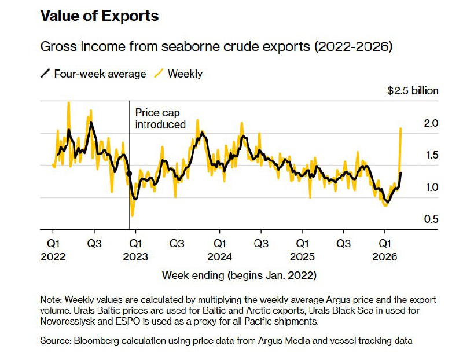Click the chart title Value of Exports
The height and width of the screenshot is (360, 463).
coord(100,16)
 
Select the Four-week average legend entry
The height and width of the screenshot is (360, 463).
coord(93,74)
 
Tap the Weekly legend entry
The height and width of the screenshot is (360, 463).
coord(179,74)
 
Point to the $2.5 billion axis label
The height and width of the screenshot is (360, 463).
coord(413,90)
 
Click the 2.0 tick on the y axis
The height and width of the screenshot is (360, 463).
coord(431,123)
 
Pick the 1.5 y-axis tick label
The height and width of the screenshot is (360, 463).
coord(432,155)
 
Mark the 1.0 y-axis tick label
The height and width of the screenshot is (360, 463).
coord(432,188)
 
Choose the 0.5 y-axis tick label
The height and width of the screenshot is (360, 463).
coord(431,219)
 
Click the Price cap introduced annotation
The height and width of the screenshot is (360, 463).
coord(160,119)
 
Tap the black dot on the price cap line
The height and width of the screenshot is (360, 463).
coord(129,174)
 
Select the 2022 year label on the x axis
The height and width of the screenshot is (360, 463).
coord(53,256)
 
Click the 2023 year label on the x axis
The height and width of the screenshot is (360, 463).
coord(135,256)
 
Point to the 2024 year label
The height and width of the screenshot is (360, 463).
coord(220,256)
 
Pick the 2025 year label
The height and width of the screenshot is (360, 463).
coord(302,256)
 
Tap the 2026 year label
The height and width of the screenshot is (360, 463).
coord(385,256)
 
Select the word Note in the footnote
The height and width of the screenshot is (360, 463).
coord(50,299)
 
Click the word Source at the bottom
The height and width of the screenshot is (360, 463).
coord(55,340)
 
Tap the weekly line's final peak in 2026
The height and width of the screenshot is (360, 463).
coord(400,128)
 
